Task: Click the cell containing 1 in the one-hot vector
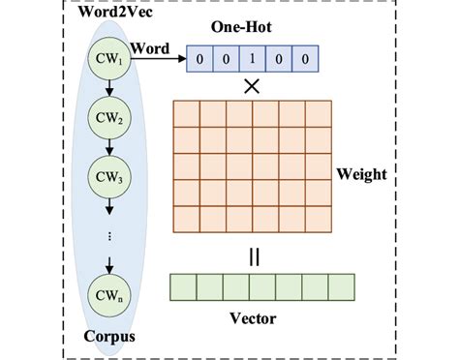[x=252, y=59]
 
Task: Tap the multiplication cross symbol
[x=252, y=85]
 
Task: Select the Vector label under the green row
[x=254, y=318]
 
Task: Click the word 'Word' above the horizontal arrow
[x=149, y=46]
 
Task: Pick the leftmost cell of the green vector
[x=183, y=287]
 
